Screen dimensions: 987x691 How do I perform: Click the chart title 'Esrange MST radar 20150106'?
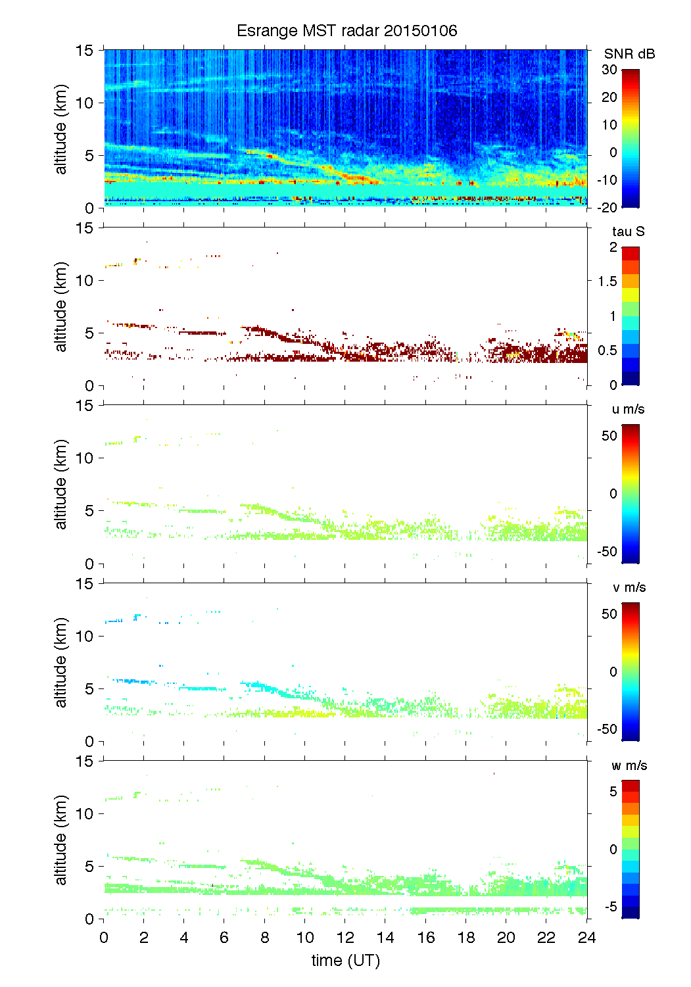[346, 31]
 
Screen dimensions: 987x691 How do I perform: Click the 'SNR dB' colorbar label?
[629, 54]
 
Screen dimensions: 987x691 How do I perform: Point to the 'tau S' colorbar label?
[628, 231]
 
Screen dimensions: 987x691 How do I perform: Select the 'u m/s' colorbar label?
[628, 409]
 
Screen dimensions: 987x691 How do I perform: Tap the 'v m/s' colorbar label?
[629, 587]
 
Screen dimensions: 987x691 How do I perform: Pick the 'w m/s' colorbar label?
[629, 765]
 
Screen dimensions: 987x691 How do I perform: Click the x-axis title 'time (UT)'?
[345, 960]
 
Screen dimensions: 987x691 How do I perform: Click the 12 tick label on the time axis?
[345, 937]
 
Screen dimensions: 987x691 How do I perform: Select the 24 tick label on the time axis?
[586, 937]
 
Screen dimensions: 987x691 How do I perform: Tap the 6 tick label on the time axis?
[224, 937]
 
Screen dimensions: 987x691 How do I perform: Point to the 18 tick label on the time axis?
[466, 937]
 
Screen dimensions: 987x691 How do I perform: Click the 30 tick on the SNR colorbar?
[609, 70]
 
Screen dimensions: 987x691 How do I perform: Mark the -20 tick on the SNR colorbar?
[608, 207]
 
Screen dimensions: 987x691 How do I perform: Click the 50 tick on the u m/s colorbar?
[609, 436]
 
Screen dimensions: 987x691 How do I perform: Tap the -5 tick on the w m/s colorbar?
[609, 906]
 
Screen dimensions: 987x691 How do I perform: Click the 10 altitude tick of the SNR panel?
[86, 103]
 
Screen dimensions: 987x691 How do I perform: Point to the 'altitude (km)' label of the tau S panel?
[61, 306]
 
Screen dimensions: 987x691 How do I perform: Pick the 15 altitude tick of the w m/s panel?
[86, 761]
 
